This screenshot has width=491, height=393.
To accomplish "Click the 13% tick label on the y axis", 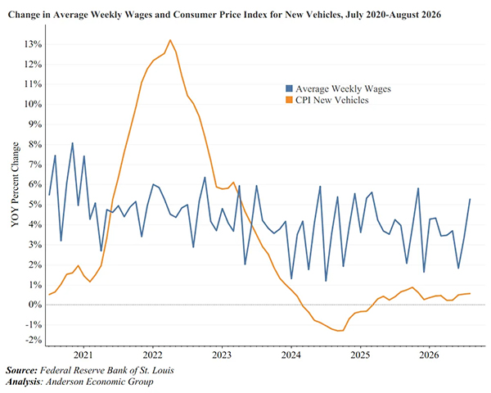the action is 33,44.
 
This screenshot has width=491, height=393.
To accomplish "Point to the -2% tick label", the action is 33,340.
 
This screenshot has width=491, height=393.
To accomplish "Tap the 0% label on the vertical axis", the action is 34,305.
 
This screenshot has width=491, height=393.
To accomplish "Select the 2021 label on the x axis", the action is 83,355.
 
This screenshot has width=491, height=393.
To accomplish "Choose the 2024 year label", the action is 291,355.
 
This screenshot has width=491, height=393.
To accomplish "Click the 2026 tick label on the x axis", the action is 429,355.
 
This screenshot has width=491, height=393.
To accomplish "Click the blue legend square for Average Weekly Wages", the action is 289,88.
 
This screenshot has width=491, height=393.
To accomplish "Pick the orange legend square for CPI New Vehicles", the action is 289,100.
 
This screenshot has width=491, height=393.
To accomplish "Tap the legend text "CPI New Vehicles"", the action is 332,100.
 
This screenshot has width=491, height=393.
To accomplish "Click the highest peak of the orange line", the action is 170,40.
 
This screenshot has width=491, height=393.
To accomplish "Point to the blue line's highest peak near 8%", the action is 72,143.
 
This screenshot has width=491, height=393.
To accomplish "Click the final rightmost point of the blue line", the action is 470,199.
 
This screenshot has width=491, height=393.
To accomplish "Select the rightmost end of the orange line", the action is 470,293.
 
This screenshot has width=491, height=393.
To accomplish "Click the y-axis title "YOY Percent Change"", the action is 15,184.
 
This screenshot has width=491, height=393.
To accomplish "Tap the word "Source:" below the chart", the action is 21,370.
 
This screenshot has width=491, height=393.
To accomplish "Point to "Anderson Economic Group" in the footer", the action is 100,382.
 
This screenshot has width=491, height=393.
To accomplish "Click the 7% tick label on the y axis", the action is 34,165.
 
